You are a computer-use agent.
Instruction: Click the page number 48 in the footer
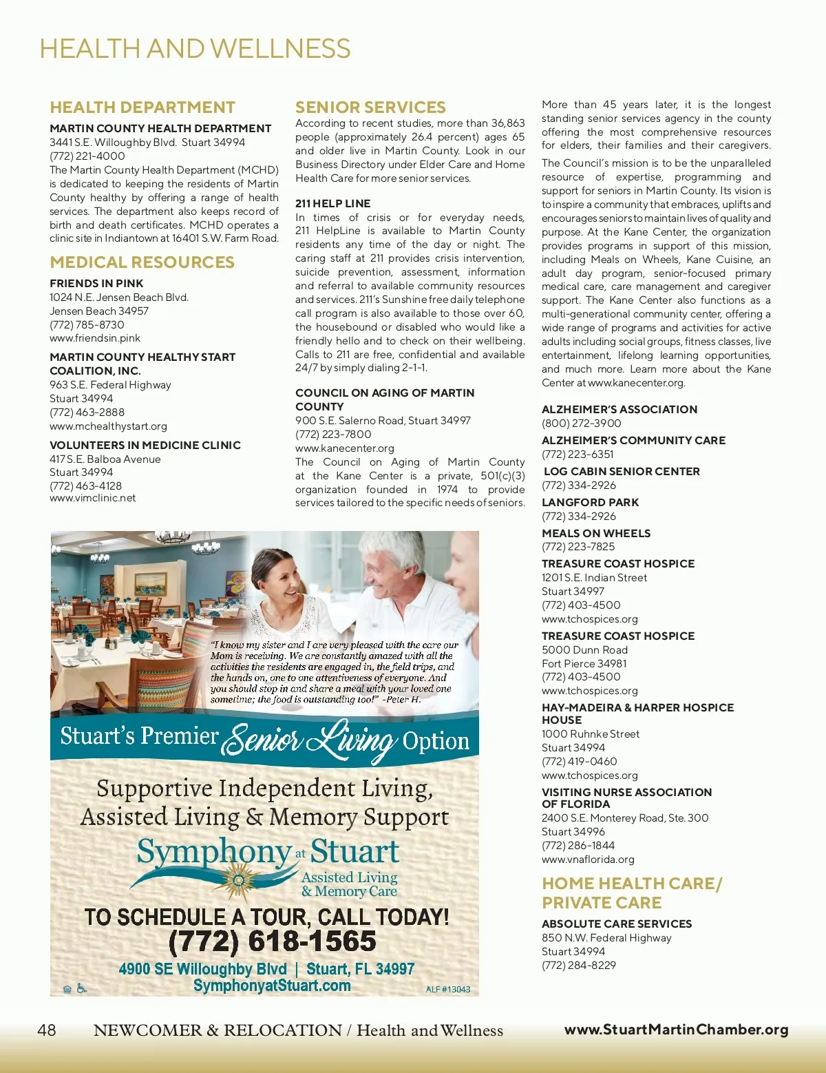pos(47,1030)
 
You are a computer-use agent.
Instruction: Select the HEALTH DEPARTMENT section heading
pos(142,107)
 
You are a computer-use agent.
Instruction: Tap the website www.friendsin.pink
pos(95,338)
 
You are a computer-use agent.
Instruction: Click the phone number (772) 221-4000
pos(87,156)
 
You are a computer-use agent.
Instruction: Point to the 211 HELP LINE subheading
pos(333,204)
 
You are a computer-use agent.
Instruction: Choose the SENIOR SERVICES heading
pos(370,107)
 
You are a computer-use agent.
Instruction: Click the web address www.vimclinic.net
pos(93,498)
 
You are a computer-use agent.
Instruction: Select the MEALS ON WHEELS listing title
pos(596,533)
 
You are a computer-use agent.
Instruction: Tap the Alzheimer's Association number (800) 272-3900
pos(582,423)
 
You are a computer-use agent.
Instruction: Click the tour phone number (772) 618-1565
pos(273,941)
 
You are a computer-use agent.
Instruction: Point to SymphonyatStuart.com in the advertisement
pos(272,986)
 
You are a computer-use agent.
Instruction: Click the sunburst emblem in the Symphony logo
pos(239,879)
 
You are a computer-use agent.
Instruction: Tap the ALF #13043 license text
pos(448,990)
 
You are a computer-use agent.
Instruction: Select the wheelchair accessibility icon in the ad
pos(82,989)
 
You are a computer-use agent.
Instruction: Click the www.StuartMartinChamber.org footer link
pos(676,1030)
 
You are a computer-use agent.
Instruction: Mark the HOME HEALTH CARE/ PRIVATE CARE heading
pos(632,893)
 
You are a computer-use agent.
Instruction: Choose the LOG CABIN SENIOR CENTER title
pos(622,471)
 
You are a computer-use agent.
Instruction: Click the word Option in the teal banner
pos(436,741)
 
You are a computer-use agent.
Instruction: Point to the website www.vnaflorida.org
pos(588,860)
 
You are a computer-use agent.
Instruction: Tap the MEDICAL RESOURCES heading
pos(142,262)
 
